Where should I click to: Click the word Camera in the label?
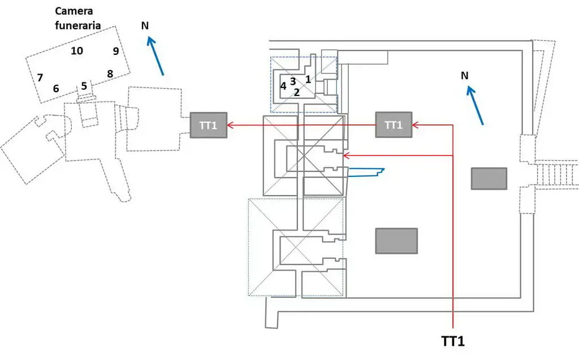tap(75, 11)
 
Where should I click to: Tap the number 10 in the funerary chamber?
tap(77, 51)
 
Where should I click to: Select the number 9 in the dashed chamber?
tap(115, 51)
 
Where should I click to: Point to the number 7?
tap(40, 77)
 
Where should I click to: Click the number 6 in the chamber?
tap(56, 88)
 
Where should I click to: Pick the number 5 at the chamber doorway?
tap(84, 86)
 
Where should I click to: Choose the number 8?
tap(110, 73)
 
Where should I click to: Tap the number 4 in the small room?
tap(283, 86)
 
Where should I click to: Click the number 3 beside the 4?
tap(293, 81)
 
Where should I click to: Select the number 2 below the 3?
tap(296, 93)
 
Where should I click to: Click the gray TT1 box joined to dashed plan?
tap(208, 125)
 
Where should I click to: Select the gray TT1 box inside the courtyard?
tap(394, 125)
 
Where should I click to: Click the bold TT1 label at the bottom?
tap(452, 341)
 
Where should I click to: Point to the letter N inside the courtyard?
tap(464, 75)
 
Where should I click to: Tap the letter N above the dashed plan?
tap(145, 25)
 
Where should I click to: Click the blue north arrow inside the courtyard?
tap(475, 104)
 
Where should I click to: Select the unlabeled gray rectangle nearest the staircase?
tap(489, 179)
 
